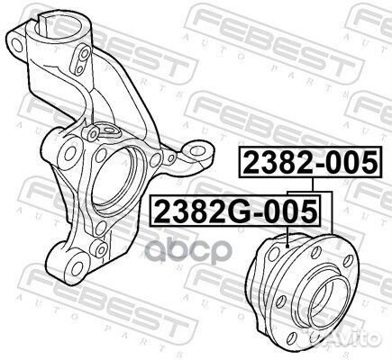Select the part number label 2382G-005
coord(236,211)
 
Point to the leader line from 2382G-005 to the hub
coord(286,236)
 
